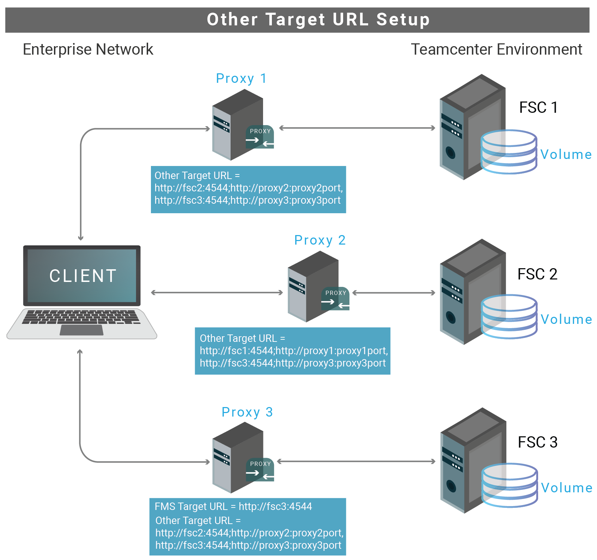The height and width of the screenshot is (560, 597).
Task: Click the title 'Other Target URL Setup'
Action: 318,19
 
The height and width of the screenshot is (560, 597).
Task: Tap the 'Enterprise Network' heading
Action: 88,49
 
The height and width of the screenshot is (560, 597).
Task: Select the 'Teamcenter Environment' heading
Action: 497,49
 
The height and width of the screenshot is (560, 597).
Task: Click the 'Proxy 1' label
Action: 241,78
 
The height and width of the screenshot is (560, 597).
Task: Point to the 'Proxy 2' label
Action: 320,240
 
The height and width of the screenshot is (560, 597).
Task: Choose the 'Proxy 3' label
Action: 247,412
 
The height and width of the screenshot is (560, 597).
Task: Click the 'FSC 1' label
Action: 538,107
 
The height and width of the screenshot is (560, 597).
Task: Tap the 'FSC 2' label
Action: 537,274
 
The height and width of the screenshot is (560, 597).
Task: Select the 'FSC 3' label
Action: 537,442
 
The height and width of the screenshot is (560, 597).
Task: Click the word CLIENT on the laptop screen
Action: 83,276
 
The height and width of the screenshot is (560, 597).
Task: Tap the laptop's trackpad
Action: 81,330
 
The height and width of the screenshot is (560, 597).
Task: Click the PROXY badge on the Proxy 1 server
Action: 260,137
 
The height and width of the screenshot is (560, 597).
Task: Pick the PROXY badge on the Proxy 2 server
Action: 336,299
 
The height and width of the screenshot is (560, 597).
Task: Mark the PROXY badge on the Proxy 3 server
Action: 260,470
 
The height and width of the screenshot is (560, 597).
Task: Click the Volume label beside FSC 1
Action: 566,154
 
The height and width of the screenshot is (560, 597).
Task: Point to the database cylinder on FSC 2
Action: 509,316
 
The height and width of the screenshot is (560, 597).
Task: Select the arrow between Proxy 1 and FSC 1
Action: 357,128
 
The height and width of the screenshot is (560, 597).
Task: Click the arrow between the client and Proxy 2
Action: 217,293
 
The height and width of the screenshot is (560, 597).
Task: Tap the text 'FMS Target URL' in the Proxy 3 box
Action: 191,506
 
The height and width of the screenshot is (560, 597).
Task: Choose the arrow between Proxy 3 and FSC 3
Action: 356,461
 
